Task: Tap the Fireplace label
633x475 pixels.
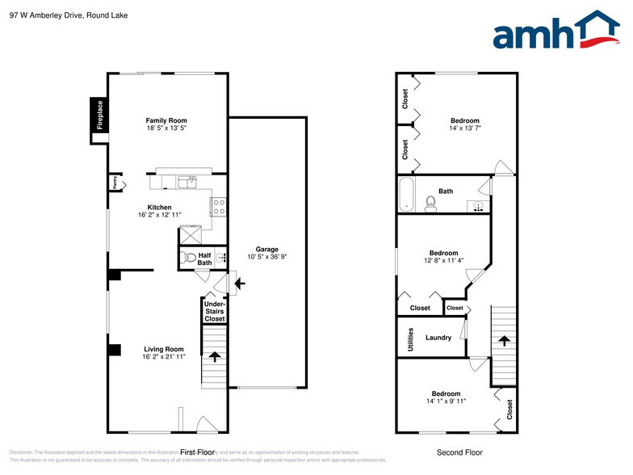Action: [100, 115]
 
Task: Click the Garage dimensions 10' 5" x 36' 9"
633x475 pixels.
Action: [267, 257]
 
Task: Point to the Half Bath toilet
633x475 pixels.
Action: [188, 259]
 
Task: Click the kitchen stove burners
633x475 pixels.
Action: [218, 207]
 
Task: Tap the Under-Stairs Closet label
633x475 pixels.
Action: [214, 311]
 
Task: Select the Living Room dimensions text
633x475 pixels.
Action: [159, 356]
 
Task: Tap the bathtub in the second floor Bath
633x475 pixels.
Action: [405, 195]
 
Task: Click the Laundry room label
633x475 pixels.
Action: [438, 338]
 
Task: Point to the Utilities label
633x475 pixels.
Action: [411, 338]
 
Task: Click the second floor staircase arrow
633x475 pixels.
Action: [505, 340]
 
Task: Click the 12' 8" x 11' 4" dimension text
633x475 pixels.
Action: [443, 260]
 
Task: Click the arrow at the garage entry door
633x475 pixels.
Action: [239, 284]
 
